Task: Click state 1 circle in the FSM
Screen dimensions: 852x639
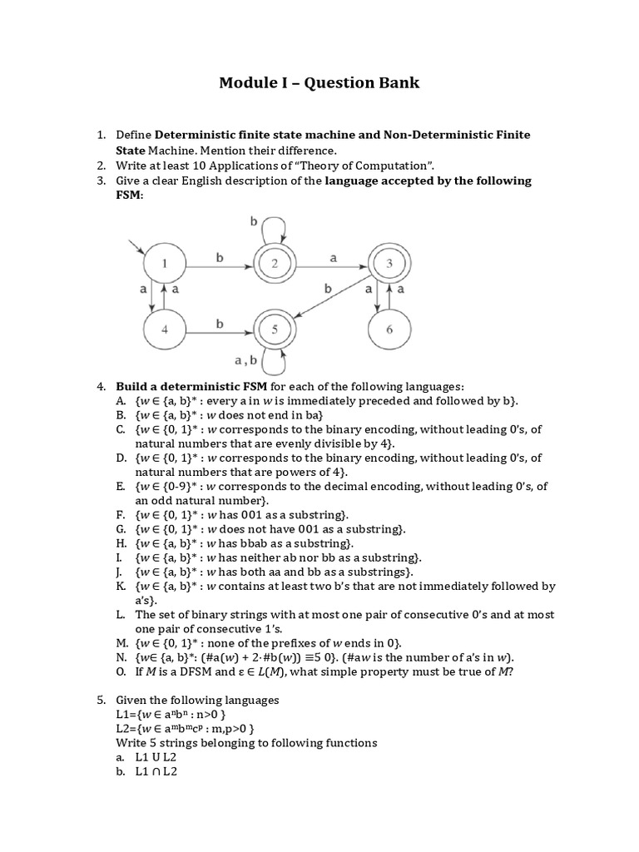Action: [x=164, y=265]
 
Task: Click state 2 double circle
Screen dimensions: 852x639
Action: [x=275, y=265]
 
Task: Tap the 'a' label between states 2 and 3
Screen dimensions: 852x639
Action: [x=333, y=259]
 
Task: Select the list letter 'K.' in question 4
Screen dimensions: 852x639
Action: [x=121, y=586]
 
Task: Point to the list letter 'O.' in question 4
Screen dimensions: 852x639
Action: [x=121, y=671]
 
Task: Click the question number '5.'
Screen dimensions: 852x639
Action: [x=101, y=700]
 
